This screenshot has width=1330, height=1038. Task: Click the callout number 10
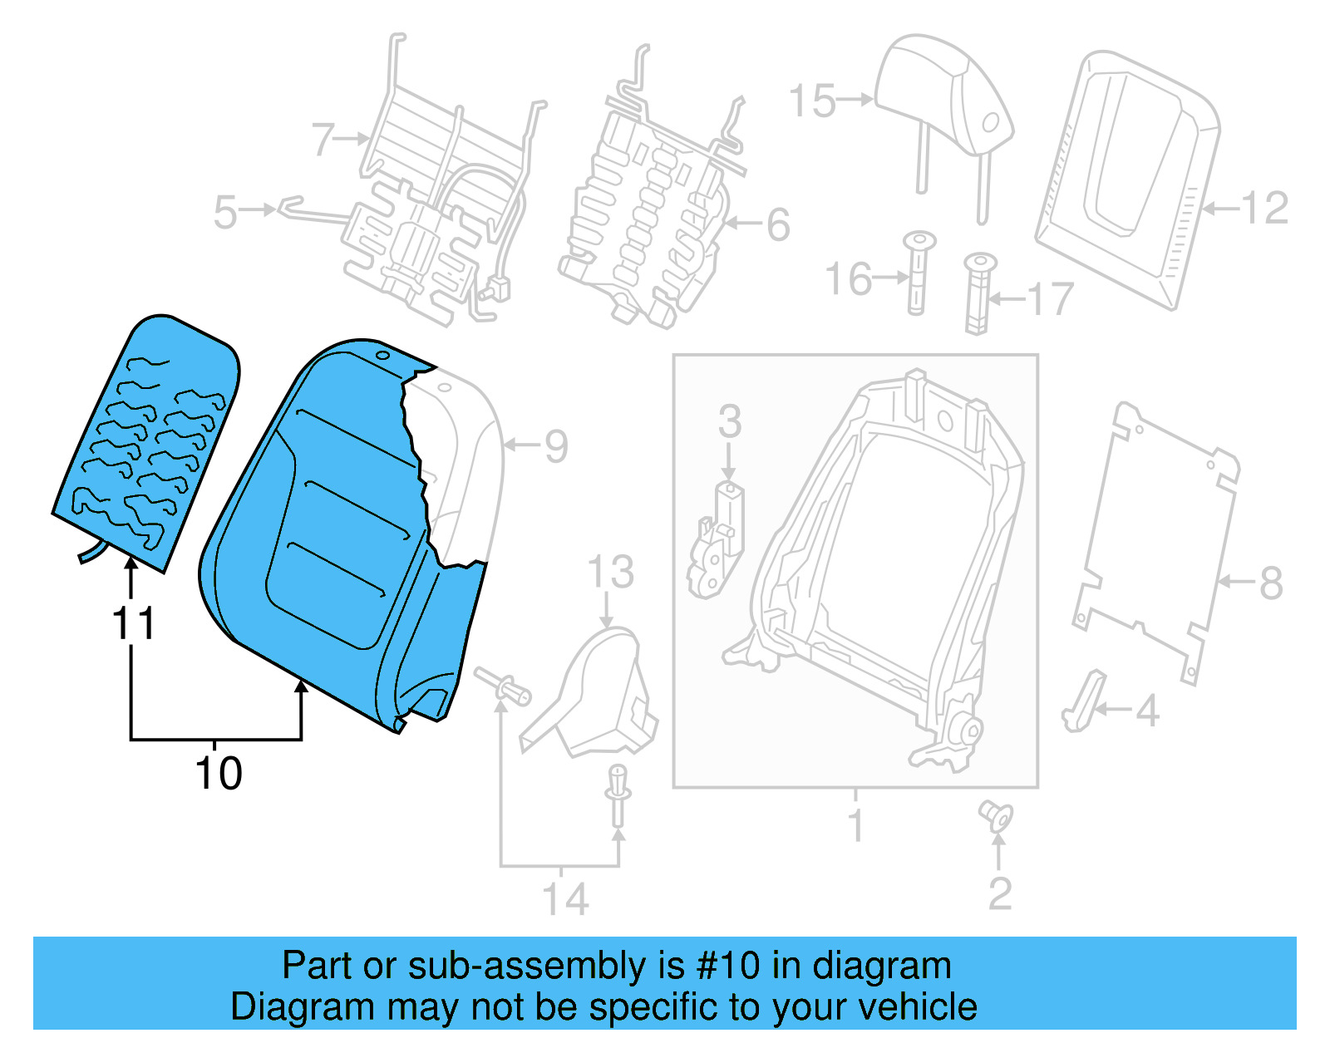click(218, 773)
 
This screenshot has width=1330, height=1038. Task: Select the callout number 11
click(133, 623)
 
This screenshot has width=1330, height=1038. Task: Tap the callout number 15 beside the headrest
click(811, 101)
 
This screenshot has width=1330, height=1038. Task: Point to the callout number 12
click(1264, 208)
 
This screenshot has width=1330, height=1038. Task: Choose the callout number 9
click(556, 446)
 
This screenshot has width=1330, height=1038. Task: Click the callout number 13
click(610, 573)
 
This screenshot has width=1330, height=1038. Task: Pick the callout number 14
click(565, 899)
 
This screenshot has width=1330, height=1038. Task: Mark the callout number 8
click(1270, 583)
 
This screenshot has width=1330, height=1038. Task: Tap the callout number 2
click(1000, 893)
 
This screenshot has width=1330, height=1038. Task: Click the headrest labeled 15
click(948, 100)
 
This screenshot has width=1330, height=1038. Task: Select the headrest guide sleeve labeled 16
click(917, 274)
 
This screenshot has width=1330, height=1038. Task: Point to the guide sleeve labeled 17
click(978, 295)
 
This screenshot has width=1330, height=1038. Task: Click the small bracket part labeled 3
click(717, 540)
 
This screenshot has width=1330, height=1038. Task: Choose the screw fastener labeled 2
click(995, 815)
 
